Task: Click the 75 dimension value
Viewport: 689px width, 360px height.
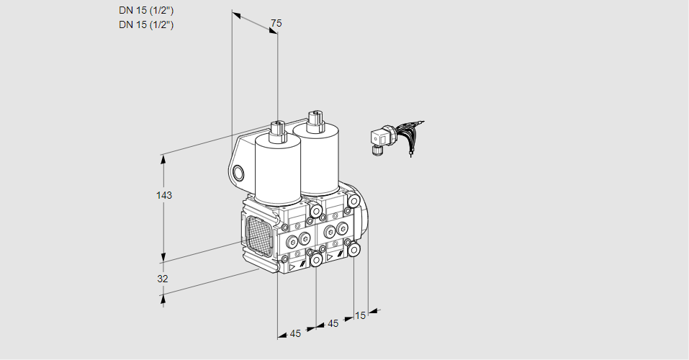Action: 276,23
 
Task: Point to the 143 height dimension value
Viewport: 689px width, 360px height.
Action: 164,195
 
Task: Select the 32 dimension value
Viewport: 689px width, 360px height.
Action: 163,279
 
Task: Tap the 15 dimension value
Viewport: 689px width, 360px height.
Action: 360,315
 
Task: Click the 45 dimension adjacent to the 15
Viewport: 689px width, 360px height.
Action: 333,323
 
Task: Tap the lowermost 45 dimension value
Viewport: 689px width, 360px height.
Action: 295,333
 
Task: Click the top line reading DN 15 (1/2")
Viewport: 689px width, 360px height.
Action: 146,11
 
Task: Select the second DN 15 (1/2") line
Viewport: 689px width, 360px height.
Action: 146,24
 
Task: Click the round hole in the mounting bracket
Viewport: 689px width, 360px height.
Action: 238,174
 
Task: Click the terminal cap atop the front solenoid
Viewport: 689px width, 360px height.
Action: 278,130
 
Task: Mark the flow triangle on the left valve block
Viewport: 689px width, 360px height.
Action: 292,267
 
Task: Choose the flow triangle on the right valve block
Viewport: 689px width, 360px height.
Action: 330,257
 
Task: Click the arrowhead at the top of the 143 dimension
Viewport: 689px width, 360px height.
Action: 164,158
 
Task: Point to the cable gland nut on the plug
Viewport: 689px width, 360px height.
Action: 375,150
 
